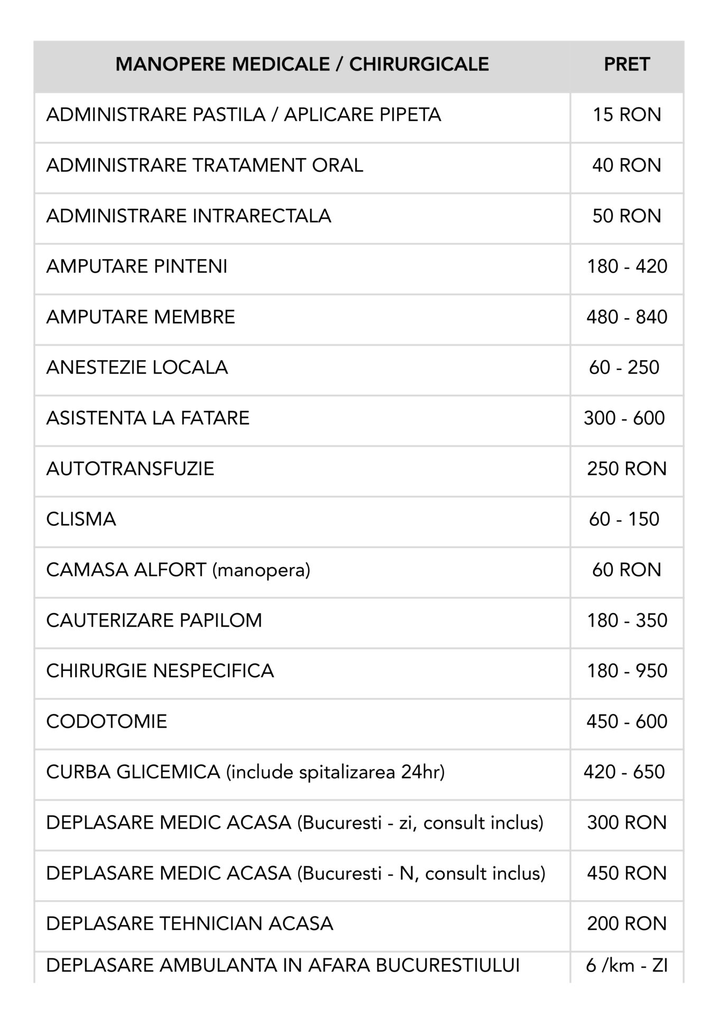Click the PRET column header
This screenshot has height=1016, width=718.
pos(627,65)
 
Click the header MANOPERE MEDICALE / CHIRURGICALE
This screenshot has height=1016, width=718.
pos(302,65)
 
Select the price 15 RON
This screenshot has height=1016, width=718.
pos(627,115)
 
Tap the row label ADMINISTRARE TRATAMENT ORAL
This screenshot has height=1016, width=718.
pos(205,166)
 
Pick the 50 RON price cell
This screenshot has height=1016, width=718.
pos(627,216)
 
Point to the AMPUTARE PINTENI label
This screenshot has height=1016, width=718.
pos(136,266)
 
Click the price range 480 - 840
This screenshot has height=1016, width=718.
pos(627,317)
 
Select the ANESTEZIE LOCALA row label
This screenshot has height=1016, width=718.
pos(137,367)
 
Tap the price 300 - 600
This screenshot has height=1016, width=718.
pos(624,418)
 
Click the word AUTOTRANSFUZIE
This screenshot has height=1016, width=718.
pos(130,469)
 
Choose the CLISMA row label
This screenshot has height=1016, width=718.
pos(81,519)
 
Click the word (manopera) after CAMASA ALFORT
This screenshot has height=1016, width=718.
pos(261,570)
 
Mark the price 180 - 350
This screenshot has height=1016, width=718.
pos(627,620)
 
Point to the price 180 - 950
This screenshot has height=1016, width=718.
pos(627,671)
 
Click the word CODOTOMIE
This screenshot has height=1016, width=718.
pos(106,721)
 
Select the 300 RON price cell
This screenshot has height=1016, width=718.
pos(627,822)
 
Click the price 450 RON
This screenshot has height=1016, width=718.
pos(627,873)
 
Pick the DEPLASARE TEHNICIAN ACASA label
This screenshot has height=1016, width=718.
pos(189,923)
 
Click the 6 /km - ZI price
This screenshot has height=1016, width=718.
pos(627,966)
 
